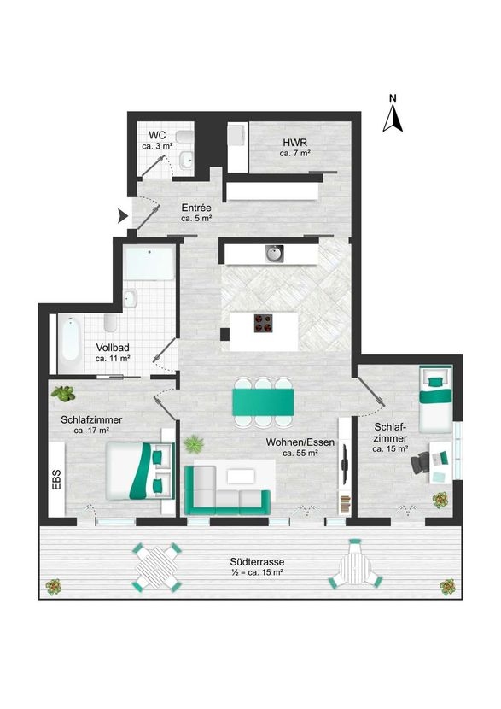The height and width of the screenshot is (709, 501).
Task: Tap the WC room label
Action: click(x=157, y=135)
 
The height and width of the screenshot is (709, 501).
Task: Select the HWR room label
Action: click(x=295, y=143)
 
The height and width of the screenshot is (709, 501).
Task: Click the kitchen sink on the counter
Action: click(x=274, y=254)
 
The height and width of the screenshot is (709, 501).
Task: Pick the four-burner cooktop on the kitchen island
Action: click(x=264, y=323)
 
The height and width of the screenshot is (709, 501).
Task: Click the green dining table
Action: click(x=263, y=402)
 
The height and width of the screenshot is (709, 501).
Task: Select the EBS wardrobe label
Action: click(x=56, y=479)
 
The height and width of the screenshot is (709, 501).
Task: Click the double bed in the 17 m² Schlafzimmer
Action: click(x=140, y=471)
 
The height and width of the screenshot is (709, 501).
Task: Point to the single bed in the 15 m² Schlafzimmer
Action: click(x=435, y=399)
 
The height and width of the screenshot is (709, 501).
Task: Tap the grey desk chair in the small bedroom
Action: click(x=421, y=463)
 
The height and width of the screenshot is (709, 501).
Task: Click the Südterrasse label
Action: click(x=257, y=562)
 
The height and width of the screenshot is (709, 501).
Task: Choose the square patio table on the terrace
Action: click(x=156, y=567)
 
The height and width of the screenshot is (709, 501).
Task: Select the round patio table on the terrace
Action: click(x=356, y=565)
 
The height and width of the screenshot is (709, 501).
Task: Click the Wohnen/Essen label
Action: click(x=300, y=442)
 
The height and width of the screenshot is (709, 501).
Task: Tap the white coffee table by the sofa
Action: click(x=242, y=476)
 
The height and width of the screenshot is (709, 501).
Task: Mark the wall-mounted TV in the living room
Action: click(x=344, y=464)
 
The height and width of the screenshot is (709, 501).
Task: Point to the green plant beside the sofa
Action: click(x=194, y=443)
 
